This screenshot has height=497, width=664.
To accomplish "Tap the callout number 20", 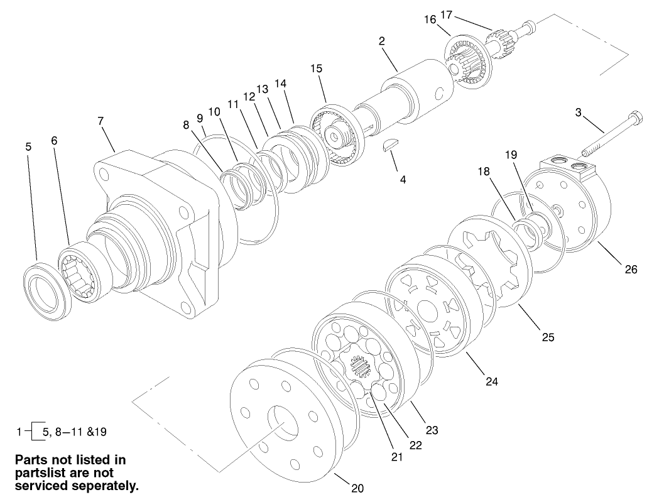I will tap(357, 488).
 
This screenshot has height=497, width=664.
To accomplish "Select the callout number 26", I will tap(631, 270).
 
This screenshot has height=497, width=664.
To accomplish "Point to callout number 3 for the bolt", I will tap(579, 113).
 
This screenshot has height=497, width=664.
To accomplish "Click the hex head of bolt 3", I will tap(634, 117).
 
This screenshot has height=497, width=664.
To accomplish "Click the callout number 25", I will tap(548, 337).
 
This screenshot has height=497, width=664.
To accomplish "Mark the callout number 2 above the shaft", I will tap(382, 41).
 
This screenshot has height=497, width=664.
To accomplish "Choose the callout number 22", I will tap(415, 444).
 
